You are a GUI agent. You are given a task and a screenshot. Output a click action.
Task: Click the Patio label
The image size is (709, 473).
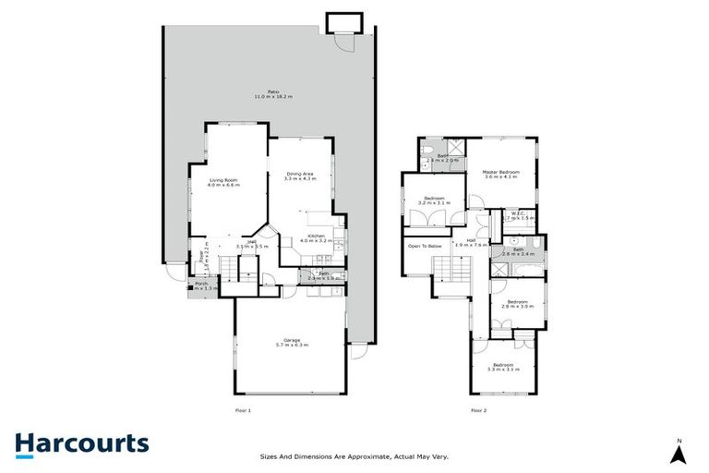(x=273, y=94)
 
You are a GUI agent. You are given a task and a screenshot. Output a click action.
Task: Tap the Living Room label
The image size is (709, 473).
(x=223, y=182)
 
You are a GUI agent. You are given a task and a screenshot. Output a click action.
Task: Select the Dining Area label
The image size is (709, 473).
(x=301, y=176)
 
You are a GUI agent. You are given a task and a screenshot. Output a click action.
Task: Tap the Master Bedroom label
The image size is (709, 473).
(x=500, y=173)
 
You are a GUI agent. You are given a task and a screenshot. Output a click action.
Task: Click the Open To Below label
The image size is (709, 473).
(x=424, y=247)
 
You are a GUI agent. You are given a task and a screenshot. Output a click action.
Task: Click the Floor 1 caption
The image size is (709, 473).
(x=244, y=410)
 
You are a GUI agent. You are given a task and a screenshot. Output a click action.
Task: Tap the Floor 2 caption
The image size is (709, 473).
(x=478, y=410)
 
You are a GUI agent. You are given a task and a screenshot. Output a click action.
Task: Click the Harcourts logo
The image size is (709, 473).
(x=81, y=443)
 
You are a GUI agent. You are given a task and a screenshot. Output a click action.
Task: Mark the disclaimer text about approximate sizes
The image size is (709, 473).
(x=354, y=455)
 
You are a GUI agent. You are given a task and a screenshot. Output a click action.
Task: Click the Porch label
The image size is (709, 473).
(x=200, y=285)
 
